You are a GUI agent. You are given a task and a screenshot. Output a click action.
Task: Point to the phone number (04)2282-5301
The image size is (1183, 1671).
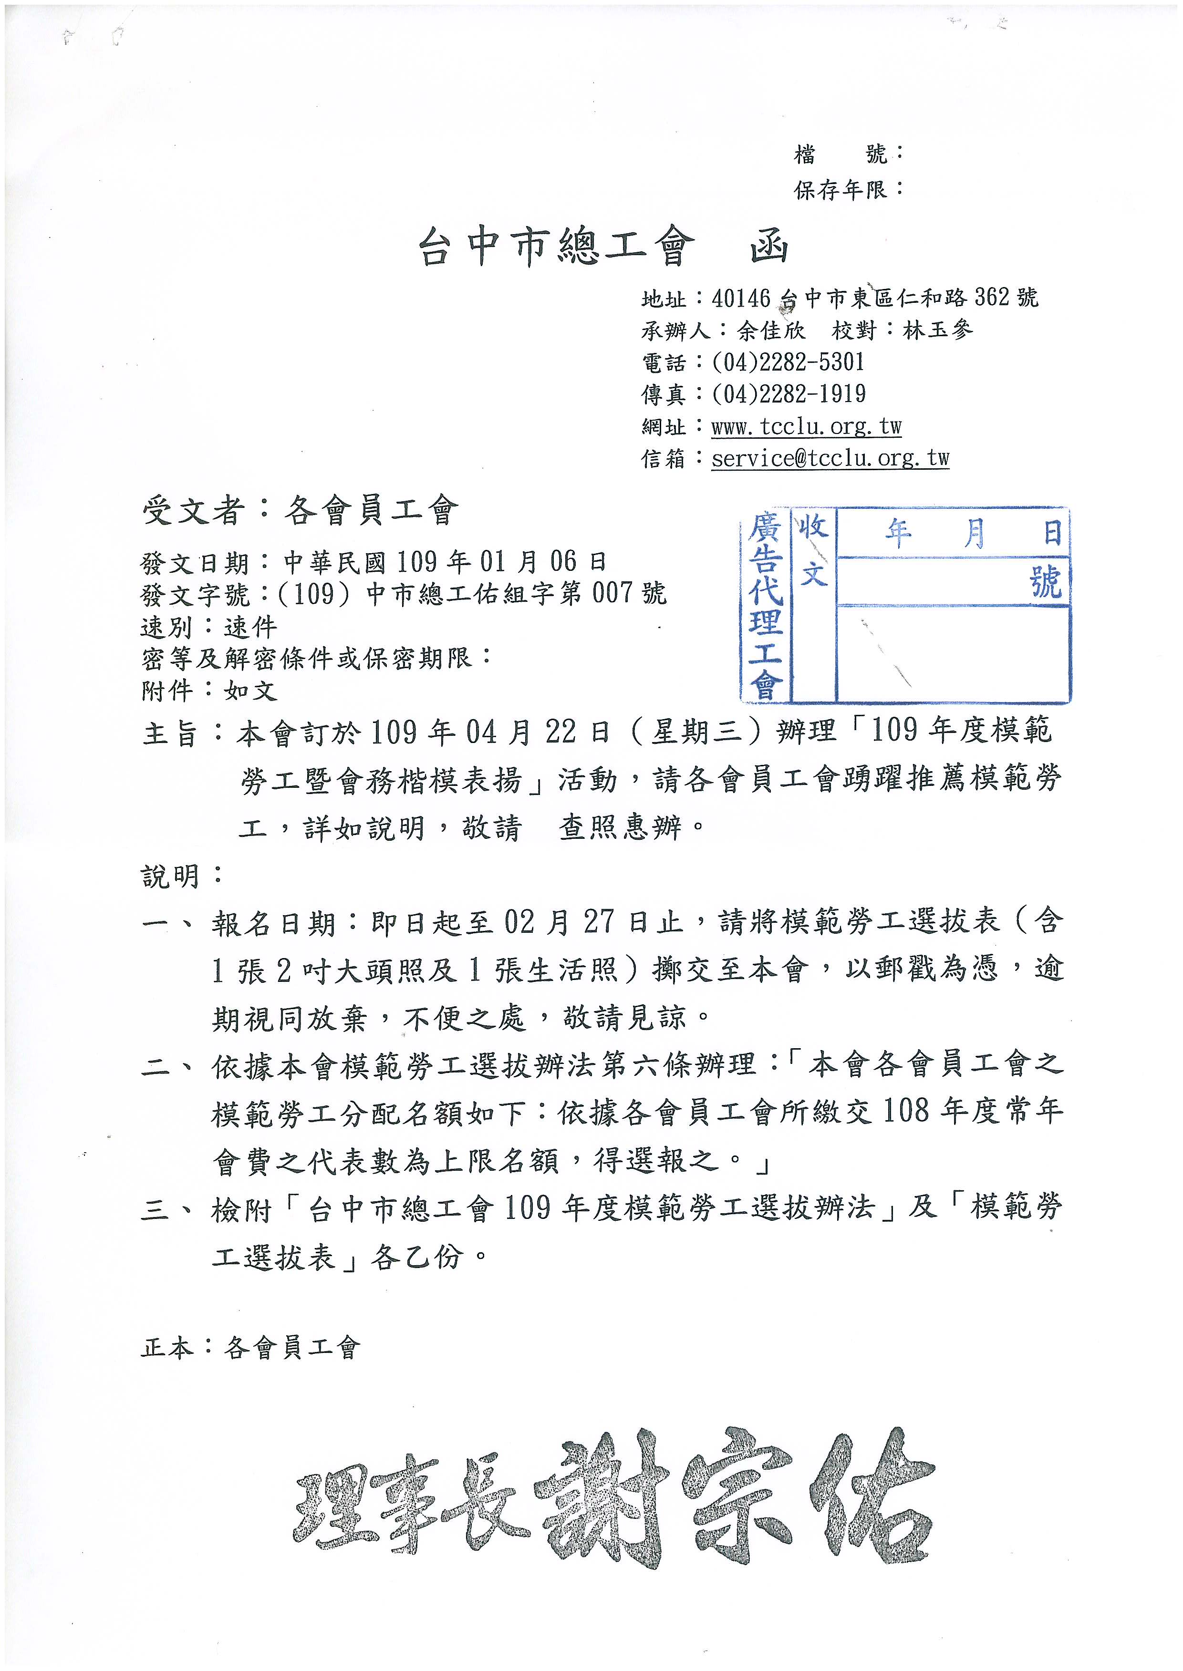point(788,362)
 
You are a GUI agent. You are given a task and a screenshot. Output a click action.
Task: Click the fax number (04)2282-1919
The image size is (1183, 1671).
point(788,394)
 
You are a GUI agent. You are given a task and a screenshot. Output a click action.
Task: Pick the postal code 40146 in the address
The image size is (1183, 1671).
point(741,298)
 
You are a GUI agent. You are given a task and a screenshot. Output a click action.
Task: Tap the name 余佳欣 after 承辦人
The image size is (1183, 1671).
point(771,330)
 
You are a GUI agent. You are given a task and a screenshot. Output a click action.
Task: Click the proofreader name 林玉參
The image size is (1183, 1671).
point(937,330)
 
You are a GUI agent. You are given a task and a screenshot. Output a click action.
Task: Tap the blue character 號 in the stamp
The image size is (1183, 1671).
point(1046,582)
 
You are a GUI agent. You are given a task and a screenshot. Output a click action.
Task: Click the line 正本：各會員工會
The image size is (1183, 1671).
point(250,1348)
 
